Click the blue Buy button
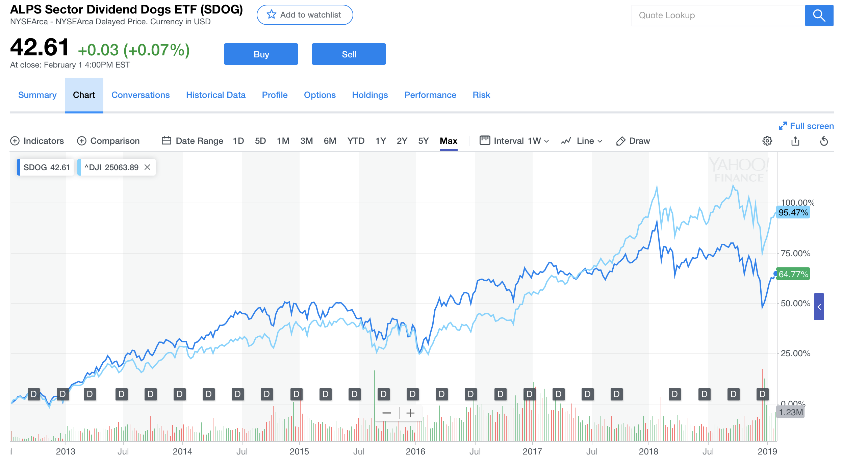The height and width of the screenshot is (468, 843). coord(261,54)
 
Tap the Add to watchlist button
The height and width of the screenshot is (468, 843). coord(305,15)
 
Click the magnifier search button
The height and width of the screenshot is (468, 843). coord(819,16)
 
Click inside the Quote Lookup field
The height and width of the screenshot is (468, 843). coord(718,16)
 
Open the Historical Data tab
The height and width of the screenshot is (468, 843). coord(215,95)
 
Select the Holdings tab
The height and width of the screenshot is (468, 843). coord(370,95)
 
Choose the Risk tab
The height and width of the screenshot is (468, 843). coord(481,95)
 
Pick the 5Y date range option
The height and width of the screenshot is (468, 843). coord(423,141)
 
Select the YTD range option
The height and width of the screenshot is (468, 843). coord(356,141)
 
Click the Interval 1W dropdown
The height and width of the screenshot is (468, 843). coord(514,141)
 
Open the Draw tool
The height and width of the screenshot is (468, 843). coord(633,141)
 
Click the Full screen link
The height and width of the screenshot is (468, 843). coord(806,126)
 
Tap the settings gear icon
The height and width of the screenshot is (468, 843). coord(767,141)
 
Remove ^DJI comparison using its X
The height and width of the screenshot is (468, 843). coord(147,167)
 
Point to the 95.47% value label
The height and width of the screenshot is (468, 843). coord(793,212)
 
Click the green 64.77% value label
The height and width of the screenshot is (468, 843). coord(793,274)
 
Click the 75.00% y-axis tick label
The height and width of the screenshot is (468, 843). coord(795,253)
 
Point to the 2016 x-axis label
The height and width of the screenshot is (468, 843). coord(415,451)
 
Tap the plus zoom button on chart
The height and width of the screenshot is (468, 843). coord(410,413)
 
